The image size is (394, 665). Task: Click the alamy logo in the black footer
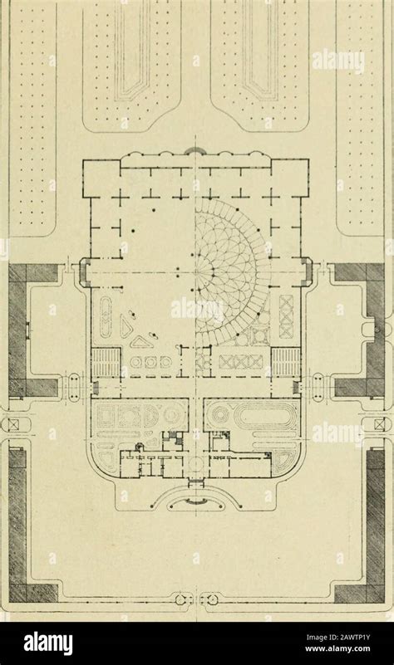(x=48, y=643)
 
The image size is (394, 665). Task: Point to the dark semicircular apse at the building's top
(x=195, y=149)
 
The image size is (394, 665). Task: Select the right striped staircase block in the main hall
(x=286, y=361)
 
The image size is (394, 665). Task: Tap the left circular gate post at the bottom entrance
(x=179, y=599)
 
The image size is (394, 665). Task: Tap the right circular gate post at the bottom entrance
(x=212, y=599)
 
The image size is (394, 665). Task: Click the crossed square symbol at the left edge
(x=9, y=424)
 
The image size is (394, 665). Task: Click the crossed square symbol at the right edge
(x=379, y=424)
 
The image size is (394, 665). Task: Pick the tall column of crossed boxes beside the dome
(x=287, y=317)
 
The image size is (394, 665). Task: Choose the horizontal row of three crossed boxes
(x=240, y=362)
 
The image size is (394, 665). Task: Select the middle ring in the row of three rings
(x=150, y=363)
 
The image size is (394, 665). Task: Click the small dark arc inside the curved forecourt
(x=195, y=501)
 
